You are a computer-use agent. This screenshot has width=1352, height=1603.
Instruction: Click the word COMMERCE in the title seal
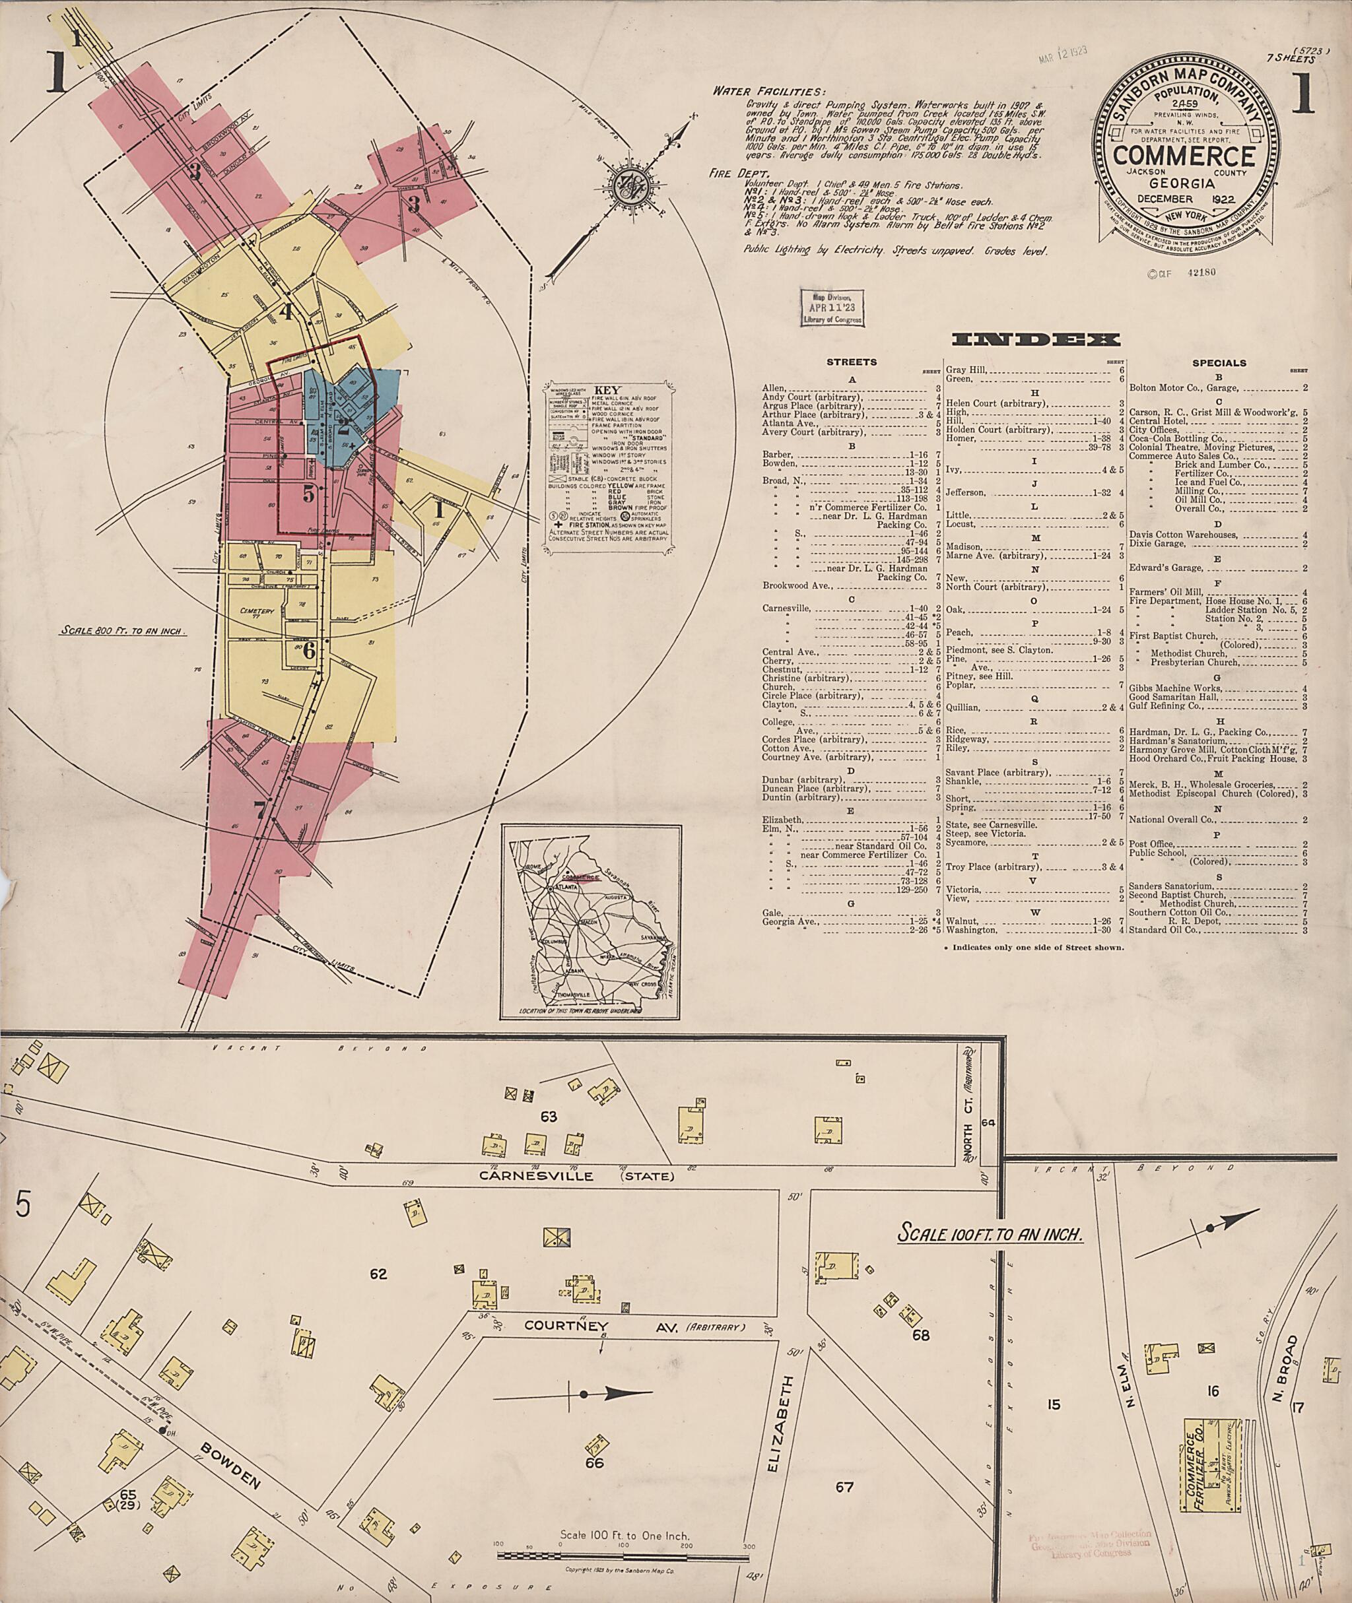1184,156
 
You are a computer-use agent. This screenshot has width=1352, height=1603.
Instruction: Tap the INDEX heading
1036,339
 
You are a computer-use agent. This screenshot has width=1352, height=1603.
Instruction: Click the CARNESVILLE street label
536,1175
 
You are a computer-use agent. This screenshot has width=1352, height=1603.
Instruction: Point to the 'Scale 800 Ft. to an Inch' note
123,632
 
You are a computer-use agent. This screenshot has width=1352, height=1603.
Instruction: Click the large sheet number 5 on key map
308,495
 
